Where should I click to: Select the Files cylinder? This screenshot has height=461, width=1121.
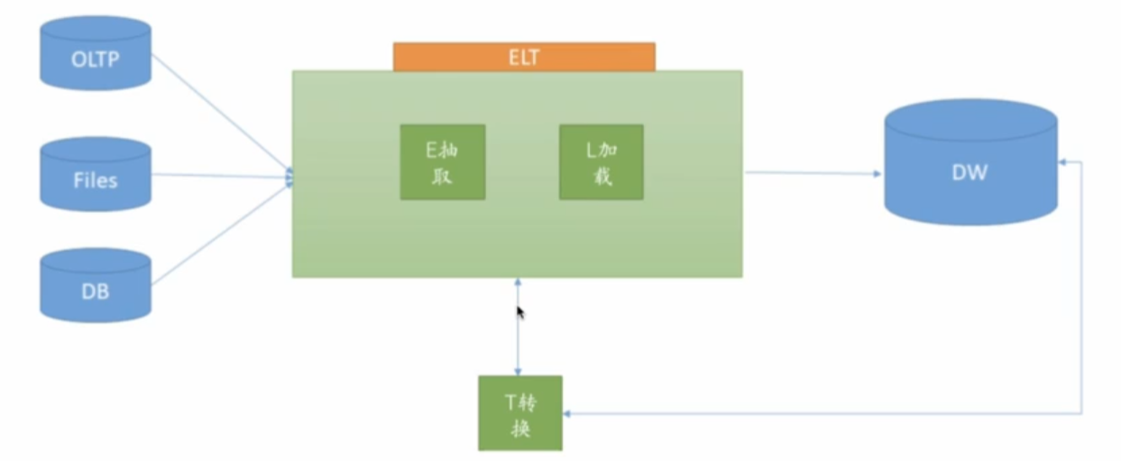click(x=95, y=175)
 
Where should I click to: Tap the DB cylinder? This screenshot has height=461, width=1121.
click(x=95, y=286)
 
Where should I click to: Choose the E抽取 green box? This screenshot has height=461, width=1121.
click(x=442, y=162)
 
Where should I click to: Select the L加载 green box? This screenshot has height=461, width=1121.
click(x=601, y=162)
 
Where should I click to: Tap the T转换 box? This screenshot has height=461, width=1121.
click(x=519, y=413)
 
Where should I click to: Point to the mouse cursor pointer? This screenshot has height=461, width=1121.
click(x=519, y=311)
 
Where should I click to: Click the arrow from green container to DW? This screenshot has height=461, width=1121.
click(x=812, y=173)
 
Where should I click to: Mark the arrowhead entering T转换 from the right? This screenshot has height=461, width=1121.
click(x=568, y=413)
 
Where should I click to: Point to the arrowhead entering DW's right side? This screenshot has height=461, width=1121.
click(x=1064, y=163)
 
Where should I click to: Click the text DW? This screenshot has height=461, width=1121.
click(x=969, y=172)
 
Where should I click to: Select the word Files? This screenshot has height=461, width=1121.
click(x=95, y=180)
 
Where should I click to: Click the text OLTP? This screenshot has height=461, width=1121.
click(x=95, y=60)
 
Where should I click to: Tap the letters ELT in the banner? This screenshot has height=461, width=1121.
click(x=524, y=58)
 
